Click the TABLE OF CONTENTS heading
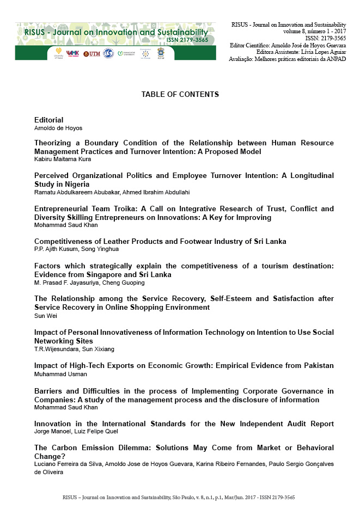(x=180, y=95)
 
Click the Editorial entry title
(x=48, y=120)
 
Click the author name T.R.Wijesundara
(x=55, y=348)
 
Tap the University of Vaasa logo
(x=58, y=53)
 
